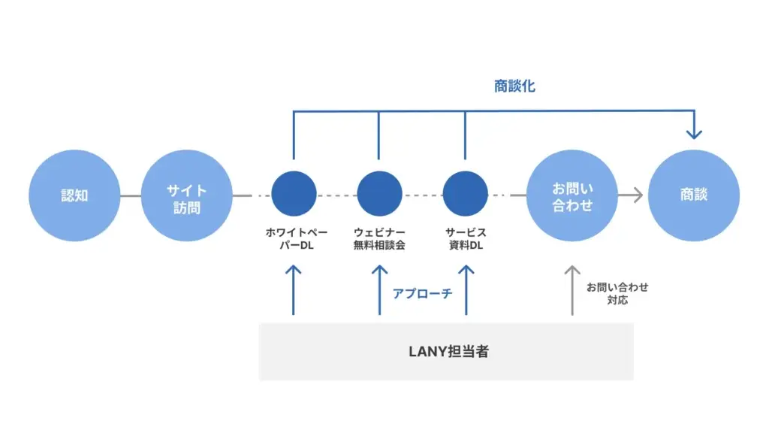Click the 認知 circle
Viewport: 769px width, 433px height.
click(74, 195)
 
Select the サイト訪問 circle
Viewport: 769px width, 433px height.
click(187, 195)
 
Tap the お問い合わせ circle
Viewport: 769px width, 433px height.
click(573, 195)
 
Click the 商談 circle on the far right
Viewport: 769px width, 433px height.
click(694, 195)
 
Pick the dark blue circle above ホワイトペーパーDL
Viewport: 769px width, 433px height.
click(294, 194)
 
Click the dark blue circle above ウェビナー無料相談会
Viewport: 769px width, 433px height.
click(379, 194)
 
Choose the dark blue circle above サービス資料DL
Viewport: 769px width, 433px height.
click(466, 194)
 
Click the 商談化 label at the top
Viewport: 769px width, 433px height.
click(514, 86)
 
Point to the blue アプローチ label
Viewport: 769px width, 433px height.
click(422, 293)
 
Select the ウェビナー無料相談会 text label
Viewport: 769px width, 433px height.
click(379, 239)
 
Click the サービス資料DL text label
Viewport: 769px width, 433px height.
click(466, 239)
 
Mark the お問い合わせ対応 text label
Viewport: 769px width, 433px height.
click(617, 293)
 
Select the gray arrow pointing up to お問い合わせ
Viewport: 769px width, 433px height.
click(573, 289)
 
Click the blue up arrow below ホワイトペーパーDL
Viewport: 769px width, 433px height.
click(294, 289)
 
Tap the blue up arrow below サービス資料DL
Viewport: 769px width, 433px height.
click(466, 289)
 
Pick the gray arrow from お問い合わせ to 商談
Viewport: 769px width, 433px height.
click(631, 195)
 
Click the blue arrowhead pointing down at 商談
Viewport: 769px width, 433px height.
click(694, 133)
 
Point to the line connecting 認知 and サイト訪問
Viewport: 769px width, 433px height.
click(131, 196)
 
